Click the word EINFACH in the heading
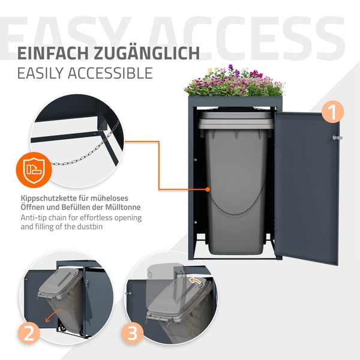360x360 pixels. click(x=53, y=53)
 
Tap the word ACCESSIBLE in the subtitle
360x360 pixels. click(x=110, y=73)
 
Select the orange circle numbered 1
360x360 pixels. click(x=332, y=112)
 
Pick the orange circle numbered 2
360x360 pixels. click(x=29, y=332)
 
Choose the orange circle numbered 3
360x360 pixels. click(x=133, y=332)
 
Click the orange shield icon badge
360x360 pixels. click(x=34, y=170)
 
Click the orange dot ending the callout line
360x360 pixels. click(x=208, y=190)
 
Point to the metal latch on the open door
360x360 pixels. click(x=337, y=137)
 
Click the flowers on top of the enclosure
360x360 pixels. click(x=234, y=82)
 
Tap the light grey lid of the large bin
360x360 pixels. click(x=236, y=119)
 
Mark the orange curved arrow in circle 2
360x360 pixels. click(x=54, y=315)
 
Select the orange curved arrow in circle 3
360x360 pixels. click(x=195, y=281)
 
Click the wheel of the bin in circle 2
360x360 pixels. click(x=62, y=329)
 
